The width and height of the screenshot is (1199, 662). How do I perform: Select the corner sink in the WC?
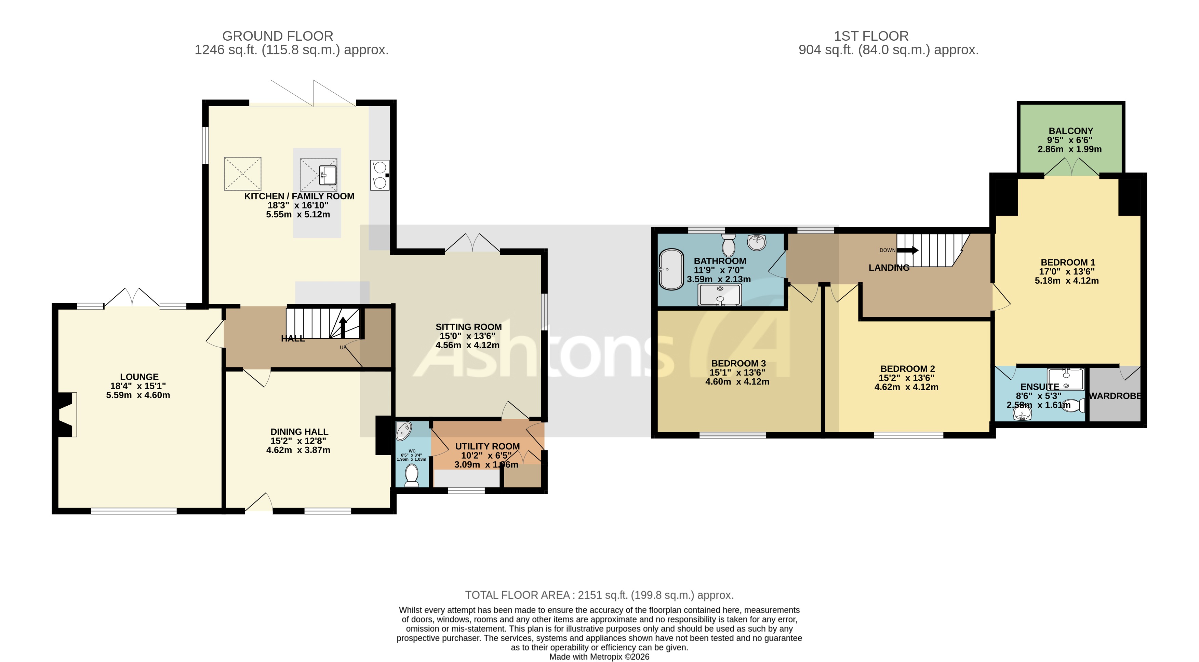[403, 431]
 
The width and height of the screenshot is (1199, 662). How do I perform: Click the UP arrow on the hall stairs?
[343, 327]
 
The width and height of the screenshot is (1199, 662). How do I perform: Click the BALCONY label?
[1070, 131]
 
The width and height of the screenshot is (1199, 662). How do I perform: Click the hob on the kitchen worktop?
[380, 175]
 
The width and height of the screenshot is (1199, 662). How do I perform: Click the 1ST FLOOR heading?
[871, 36]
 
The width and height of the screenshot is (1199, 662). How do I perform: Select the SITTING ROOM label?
[468, 327]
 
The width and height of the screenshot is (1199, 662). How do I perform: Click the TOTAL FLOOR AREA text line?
[599, 595]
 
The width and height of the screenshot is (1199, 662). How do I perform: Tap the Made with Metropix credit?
[599, 657]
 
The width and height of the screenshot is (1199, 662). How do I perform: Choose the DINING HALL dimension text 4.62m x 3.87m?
[298, 450]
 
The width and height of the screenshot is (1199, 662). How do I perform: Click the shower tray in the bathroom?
[720, 295]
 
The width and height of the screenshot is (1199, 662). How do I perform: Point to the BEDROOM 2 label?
[907, 368]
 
